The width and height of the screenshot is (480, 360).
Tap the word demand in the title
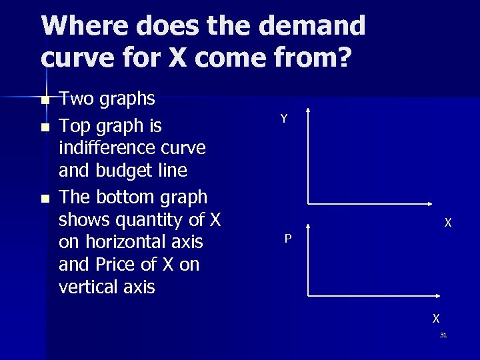point(312,26)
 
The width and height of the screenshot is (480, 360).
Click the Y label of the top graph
point(284,119)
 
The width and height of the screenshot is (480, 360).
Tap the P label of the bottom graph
point(287,238)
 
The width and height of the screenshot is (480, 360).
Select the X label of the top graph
point(448,223)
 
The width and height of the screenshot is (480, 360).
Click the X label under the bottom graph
point(435,319)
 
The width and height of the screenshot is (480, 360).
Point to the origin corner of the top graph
point(307,203)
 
